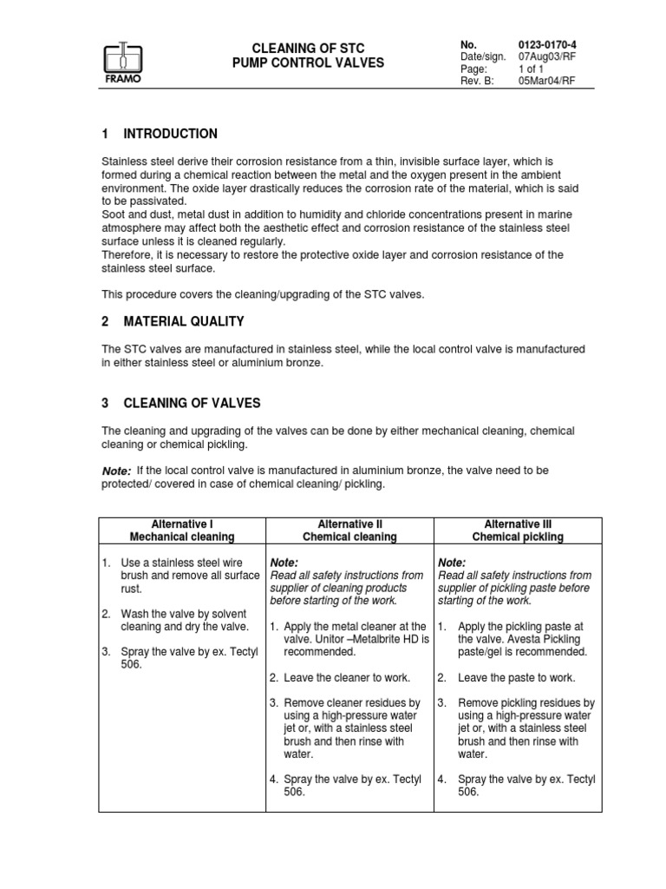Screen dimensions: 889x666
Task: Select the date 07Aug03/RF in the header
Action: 547,56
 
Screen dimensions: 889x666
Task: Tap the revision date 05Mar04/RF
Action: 546,81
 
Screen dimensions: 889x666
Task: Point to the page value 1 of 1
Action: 532,69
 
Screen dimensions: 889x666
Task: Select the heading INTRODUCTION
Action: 170,134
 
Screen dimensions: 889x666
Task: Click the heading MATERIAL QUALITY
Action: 183,321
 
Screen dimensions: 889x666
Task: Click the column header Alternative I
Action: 182,524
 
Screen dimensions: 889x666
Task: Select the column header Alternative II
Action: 349,524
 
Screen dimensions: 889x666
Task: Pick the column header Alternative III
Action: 518,524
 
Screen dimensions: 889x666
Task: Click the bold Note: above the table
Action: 117,471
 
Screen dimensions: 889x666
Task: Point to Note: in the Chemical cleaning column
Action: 284,563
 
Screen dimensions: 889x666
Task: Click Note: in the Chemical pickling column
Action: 452,563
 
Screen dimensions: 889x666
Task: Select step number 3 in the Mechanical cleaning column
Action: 106,651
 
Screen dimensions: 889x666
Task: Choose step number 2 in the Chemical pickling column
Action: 441,677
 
